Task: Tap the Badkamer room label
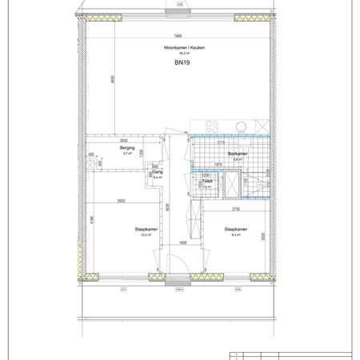tap(236, 153)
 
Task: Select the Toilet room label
tap(207, 181)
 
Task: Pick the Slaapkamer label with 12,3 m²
tap(146, 230)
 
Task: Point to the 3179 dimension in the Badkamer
tap(220, 144)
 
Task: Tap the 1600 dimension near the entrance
tap(182, 242)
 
